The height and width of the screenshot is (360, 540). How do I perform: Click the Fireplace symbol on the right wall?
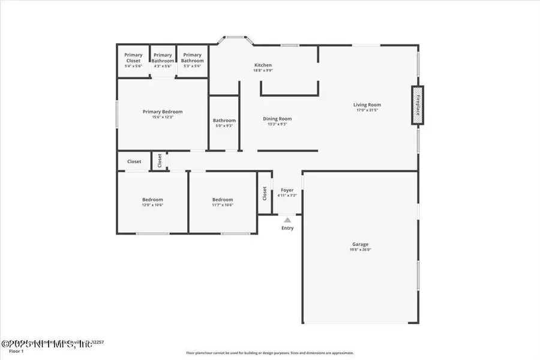click(417, 106)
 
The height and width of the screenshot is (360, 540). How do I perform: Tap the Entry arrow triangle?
click(287, 220)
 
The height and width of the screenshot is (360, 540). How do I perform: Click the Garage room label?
click(360, 244)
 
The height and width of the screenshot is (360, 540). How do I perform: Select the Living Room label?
click(367, 105)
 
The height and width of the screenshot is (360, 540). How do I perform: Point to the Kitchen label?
click(263, 65)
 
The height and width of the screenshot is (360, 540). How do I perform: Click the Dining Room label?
click(277, 119)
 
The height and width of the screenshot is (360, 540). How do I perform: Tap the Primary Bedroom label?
click(163, 112)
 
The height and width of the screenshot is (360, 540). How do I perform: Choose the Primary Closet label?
click(133, 58)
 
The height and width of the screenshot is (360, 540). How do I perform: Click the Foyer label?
click(287, 190)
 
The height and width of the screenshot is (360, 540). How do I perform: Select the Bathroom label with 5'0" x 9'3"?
click(224, 121)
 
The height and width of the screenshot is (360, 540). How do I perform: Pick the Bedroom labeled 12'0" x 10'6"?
click(152, 200)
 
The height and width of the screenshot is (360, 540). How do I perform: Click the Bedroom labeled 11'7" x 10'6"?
click(223, 200)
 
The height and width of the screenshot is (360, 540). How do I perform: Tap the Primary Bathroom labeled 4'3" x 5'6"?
click(163, 58)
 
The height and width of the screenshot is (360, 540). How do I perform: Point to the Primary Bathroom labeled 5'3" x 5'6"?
click(193, 58)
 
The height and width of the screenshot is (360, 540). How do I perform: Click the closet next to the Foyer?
click(265, 193)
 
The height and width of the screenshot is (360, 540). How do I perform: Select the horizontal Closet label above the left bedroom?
click(134, 161)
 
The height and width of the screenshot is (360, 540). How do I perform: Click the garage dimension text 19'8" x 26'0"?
click(360, 250)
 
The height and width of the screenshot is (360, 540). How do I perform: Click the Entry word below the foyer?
click(287, 228)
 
